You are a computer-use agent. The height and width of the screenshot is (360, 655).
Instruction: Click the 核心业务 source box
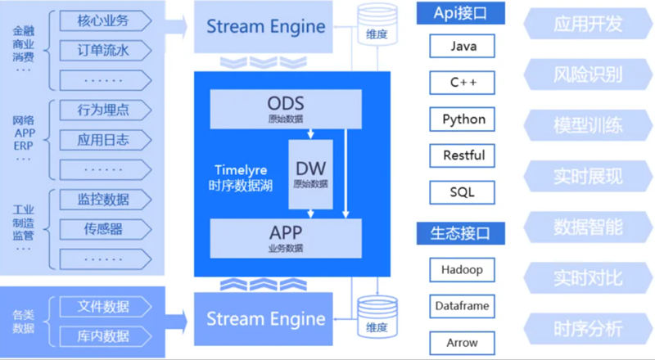coord(103,20)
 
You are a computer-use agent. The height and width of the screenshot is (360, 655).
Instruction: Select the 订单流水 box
coord(103,51)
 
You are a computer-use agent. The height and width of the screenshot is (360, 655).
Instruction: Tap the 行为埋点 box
coord(103,110)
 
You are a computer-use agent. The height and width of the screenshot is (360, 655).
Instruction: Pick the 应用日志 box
coord(103,139)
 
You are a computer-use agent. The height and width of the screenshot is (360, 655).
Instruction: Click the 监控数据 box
coord(103,199)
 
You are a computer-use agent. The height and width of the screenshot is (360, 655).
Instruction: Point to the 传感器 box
coord(103,228)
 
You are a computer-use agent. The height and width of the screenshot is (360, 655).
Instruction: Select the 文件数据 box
coord(103,307)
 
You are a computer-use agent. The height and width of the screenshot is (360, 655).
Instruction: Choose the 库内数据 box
coord(103,335)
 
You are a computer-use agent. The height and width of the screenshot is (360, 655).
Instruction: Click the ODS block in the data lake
coord(285,109)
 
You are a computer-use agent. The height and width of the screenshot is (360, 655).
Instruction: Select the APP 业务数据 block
coord(285,236)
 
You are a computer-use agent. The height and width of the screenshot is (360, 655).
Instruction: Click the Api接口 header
coord(460,13)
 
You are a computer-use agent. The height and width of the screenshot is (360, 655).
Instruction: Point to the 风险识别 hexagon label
coord(587,74)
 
